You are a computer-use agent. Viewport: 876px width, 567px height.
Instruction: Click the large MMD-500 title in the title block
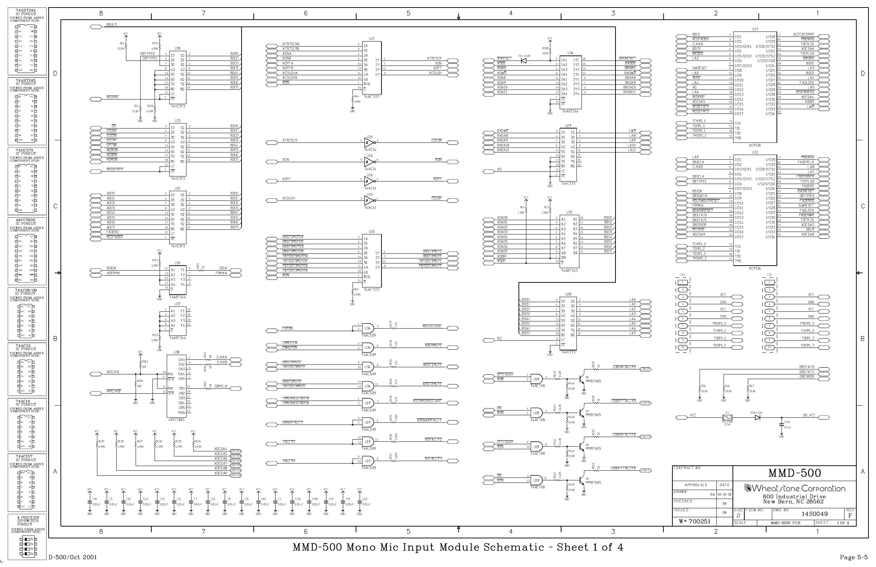coord(794,473)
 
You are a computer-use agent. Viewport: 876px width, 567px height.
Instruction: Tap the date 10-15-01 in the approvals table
coord(724,494)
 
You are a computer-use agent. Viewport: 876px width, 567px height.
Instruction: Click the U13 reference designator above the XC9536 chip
coord(755,29)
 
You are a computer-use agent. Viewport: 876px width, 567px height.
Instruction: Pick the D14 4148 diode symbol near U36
coord(524,60)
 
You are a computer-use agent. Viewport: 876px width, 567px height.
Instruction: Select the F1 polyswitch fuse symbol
coord(727,417)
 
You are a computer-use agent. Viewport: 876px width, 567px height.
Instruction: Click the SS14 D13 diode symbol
coord(757,417)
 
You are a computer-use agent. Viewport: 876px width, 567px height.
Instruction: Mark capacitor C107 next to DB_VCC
coord(782,425)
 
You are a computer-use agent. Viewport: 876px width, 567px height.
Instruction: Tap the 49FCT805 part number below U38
coord(176,420)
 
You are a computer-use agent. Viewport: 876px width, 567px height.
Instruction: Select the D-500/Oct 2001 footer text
coord(73,557)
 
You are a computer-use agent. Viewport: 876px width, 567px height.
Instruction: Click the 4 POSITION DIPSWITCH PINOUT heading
coord(28,521)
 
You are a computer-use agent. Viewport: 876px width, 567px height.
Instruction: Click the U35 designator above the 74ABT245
coord(569,212)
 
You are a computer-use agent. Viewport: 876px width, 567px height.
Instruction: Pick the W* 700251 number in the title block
coord(695,521)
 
